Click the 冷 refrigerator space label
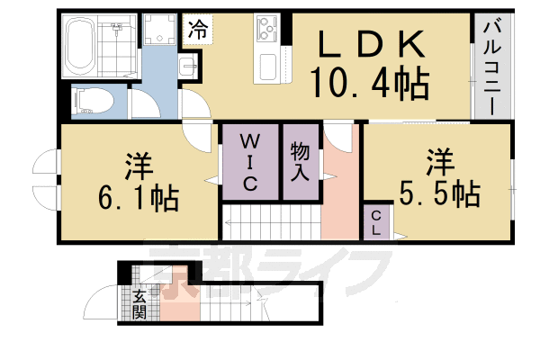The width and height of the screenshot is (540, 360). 198,28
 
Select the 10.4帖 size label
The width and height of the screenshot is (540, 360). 369,86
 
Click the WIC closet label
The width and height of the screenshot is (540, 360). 250,163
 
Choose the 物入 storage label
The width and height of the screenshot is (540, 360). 301,162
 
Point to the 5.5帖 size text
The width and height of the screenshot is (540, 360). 440,193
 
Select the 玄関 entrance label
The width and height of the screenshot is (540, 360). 139,304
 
